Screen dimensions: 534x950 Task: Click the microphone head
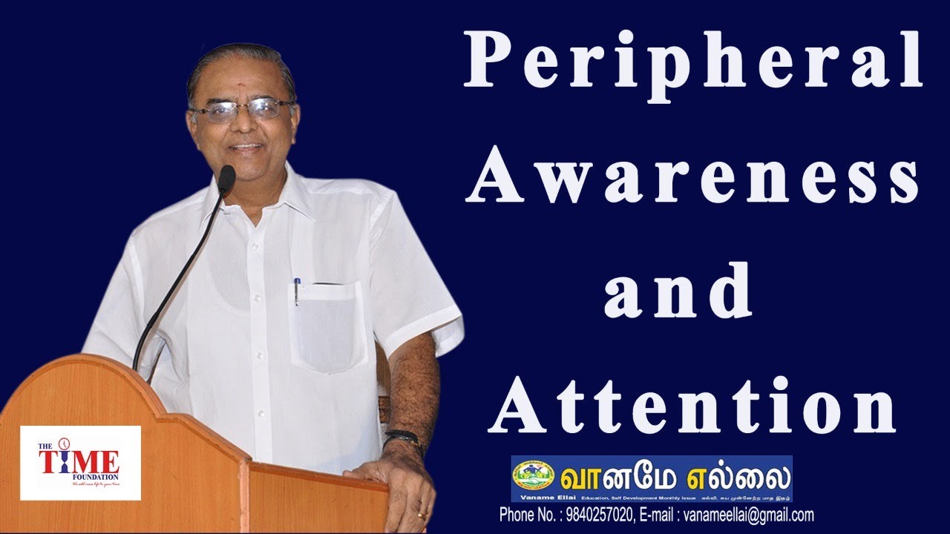coord(226,179)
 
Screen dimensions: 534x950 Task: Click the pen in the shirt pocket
coord(297,291)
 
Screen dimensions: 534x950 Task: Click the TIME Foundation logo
coord(79,463)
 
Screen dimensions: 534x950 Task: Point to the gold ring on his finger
coord(421,515)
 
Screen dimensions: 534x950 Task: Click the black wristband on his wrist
coord(402,437)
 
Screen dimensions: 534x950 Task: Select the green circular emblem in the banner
coord(534,474)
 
